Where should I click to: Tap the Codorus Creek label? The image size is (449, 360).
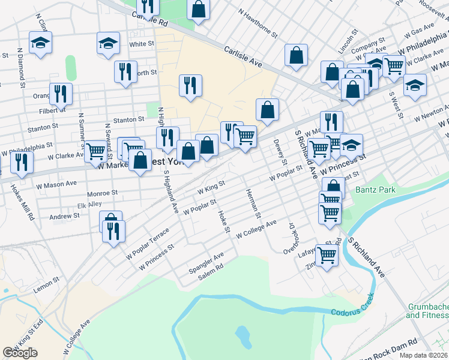click(357, 311)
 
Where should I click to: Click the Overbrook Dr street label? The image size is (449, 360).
click(288, 238)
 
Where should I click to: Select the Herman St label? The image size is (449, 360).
click(253, 203)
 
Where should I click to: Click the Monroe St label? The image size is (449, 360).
click(101, 193)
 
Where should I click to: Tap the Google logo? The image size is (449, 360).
click(20, 353)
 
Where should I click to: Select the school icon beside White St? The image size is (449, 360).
click(108, 43)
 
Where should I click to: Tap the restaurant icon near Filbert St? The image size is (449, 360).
click(61, 93)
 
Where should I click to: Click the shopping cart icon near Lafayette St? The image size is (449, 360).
click(327, 255)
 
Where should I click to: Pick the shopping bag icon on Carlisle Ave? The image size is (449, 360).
click(296, 55)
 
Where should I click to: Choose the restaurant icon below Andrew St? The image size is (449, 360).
click(113, 231)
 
